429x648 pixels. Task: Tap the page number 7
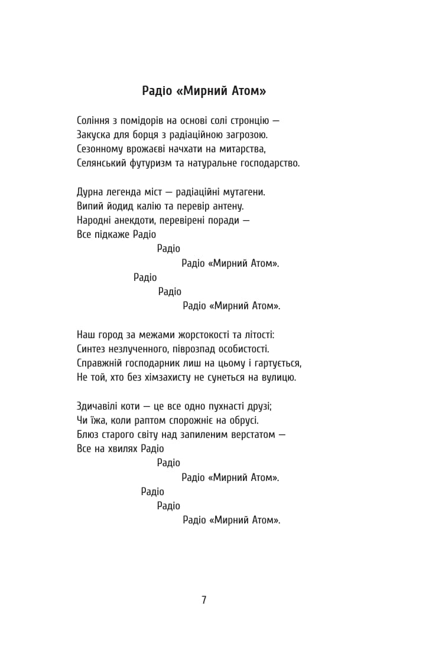204,600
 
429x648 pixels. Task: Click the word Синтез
92,349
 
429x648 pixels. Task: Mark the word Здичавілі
99,406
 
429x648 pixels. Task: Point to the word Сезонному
100,149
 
